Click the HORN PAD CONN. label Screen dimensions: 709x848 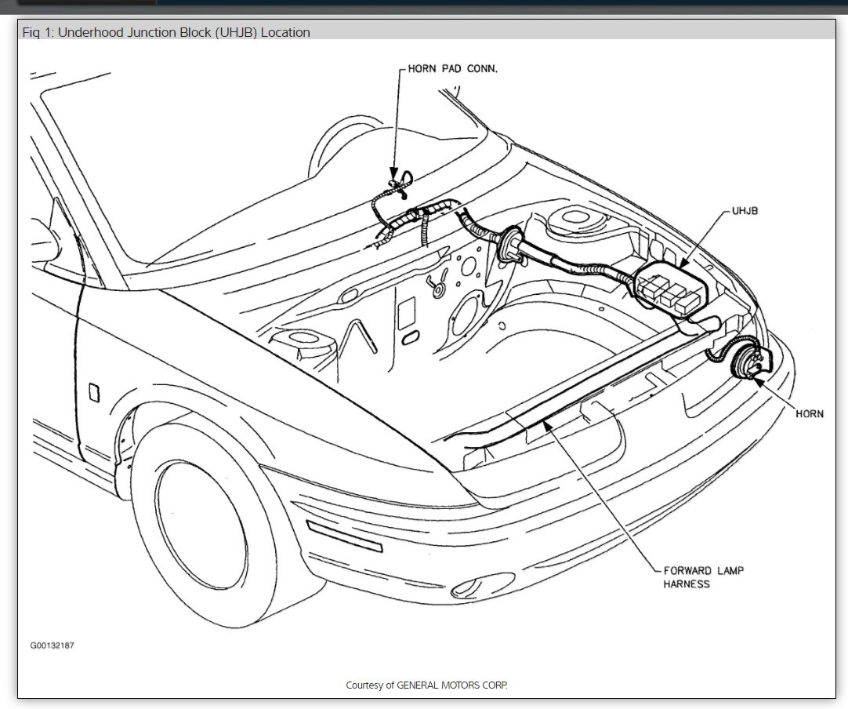coord(453,69)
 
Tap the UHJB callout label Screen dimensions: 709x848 coord(745,211)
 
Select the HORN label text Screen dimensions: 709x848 coord(810,414)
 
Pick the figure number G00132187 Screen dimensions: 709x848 coord(53,645)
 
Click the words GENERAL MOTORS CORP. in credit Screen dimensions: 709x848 coord(452,685)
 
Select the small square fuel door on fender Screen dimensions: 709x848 coord(94,391)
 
